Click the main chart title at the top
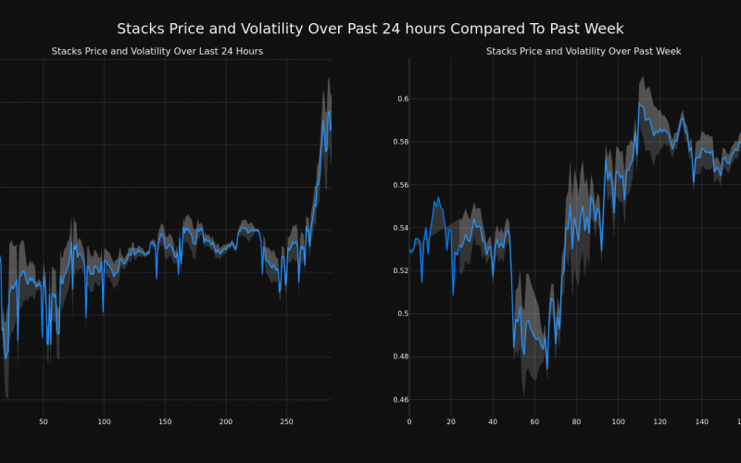(370, 29)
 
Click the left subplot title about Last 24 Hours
(157, 51)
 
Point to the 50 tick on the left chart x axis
(44, 422)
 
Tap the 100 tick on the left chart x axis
(104, 422)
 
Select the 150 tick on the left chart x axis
(165, 422)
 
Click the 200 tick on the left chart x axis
(226, 422)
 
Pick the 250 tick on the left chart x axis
(286, 422)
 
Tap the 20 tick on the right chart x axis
(451, 422)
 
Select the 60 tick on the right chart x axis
(534, 422)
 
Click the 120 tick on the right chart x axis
(659, 422)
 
